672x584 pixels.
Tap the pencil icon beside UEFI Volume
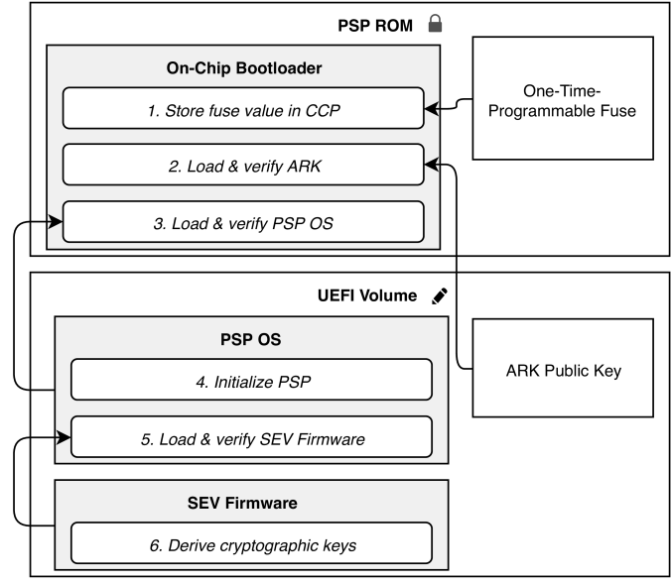[x=440, y=295]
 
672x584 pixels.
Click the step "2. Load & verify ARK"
[x=243, y=165]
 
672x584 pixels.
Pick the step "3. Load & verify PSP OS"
[x=243, y=222]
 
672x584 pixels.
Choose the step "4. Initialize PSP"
[x=251, y=379]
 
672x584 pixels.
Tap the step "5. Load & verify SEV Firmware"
[x=251, y=436]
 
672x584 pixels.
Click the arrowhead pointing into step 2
[x=431, y=165]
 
